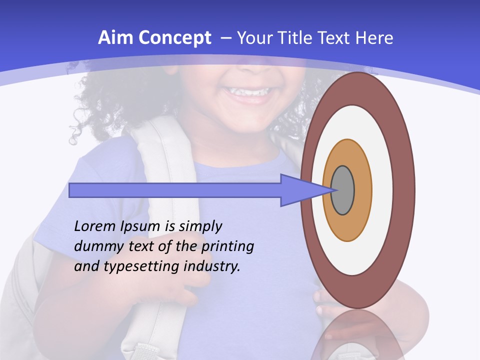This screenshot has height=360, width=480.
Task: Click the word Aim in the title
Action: click(115, 38)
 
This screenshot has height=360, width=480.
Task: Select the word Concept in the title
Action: click(174, 38)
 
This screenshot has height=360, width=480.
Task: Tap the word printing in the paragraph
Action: click(228, 246)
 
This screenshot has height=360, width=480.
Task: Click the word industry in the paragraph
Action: click(212, 266)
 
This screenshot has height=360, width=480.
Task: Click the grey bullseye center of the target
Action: click(342, 190)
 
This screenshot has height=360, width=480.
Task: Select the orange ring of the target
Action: click(362, 190)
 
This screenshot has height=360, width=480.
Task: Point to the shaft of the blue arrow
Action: click(175, 190)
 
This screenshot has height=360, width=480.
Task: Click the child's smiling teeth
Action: click(247, 92)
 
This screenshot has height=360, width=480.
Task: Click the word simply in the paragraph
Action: click(200, 226)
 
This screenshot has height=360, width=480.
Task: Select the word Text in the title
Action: click(334, 38)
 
